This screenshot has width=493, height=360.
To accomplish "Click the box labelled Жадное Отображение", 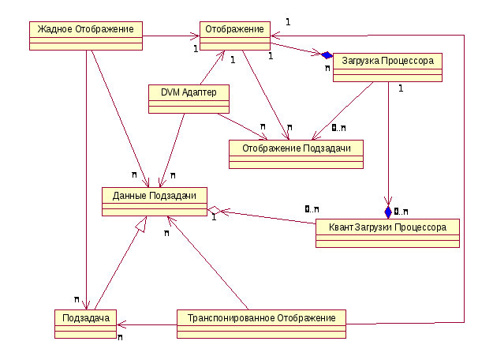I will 87,35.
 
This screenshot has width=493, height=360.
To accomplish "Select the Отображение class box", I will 233,35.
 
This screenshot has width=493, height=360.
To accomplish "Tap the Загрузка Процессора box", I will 387,66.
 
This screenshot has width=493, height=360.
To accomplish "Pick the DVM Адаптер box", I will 189,98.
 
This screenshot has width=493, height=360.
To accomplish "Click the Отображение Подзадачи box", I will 296,153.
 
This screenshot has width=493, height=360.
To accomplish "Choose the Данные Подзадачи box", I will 155,201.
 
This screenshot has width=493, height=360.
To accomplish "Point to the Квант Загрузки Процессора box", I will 387,233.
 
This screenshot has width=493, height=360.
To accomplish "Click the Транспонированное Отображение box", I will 261,324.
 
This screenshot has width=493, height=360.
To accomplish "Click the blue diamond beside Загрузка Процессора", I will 327,55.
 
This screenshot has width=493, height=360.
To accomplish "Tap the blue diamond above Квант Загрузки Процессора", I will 388,212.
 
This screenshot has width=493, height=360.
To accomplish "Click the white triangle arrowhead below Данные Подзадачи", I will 140,225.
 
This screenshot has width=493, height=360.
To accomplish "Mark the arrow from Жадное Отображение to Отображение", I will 170,36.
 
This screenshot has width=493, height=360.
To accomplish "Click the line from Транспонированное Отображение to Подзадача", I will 147,324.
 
